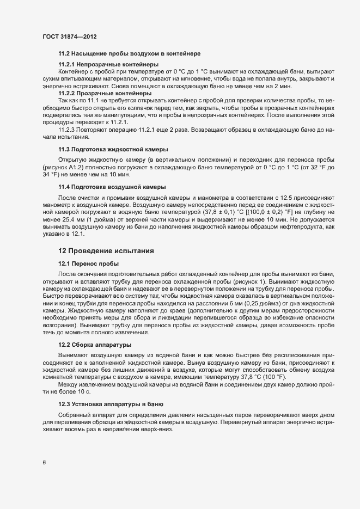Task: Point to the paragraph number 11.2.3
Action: pos(68,130)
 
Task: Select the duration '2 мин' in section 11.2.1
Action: pos(283,86)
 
